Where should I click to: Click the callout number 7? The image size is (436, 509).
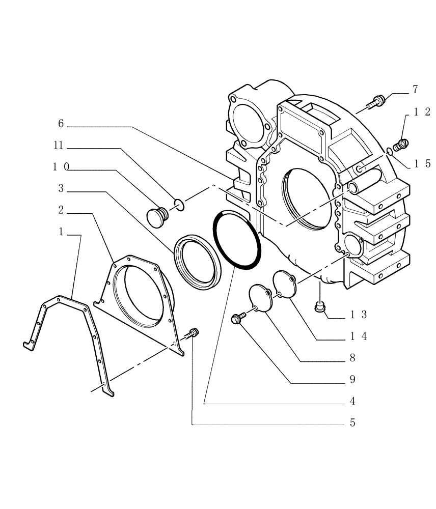[x=415, y=90]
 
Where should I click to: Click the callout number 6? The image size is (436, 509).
[x=61, y=124]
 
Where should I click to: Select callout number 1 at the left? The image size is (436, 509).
[x=61, y=232]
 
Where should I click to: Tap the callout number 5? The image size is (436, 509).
[x=352, y=422]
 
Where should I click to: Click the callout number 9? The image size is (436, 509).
[x=352, y=379]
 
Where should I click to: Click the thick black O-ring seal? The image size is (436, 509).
[x=237, y=239]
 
